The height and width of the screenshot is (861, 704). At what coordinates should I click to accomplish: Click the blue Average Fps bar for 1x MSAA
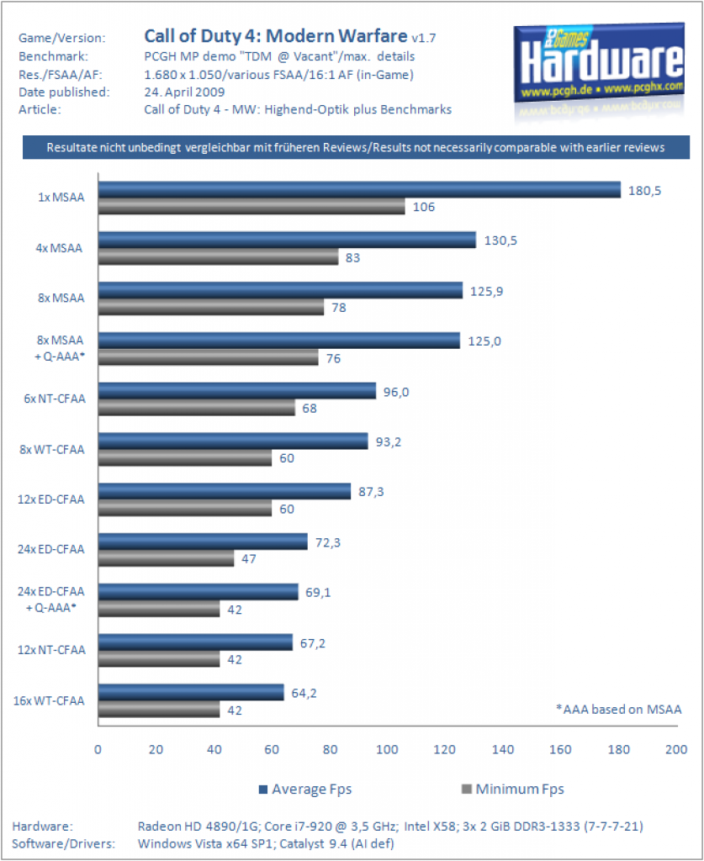[x=359, y=189]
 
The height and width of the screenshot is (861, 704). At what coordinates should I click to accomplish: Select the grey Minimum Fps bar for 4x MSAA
[x=218, y=257]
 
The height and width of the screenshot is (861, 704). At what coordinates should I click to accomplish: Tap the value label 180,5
[x=644, y=191]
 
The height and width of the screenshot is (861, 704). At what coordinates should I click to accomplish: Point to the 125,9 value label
[x=486, y=292]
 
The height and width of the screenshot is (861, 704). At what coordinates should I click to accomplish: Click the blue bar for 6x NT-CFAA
[x=236, y=390]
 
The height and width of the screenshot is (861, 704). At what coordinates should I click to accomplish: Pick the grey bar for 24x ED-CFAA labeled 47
[x=166, y=558]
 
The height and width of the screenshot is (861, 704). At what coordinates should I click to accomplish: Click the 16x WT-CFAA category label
[x=49, y=700]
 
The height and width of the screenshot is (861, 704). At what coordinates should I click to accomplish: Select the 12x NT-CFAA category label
[x=51, y=650]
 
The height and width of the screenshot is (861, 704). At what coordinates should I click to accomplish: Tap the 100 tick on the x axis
[x=387, y=749]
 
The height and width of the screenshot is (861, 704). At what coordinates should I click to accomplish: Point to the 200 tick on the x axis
[x=676, y=749]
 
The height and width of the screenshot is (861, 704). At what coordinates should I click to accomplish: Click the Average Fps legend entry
[x=305, y=790]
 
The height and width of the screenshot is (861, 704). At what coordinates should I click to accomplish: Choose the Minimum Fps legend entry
[x=513, y=790]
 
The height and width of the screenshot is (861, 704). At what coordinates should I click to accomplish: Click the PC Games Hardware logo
[x=599, y=64]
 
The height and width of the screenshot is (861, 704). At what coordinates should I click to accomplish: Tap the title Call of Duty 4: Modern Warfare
[x=276, y=35]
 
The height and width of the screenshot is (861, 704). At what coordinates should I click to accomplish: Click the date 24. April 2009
[x=184, y=92]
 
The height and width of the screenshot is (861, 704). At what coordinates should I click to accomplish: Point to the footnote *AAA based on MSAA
[x=619, y=710]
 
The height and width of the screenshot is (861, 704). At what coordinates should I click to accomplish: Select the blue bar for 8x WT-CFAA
[x=233, y=441]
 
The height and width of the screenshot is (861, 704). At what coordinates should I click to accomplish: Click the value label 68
[x=310, y=409]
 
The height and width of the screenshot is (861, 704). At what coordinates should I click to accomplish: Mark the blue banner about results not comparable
[x=356, y=147]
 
